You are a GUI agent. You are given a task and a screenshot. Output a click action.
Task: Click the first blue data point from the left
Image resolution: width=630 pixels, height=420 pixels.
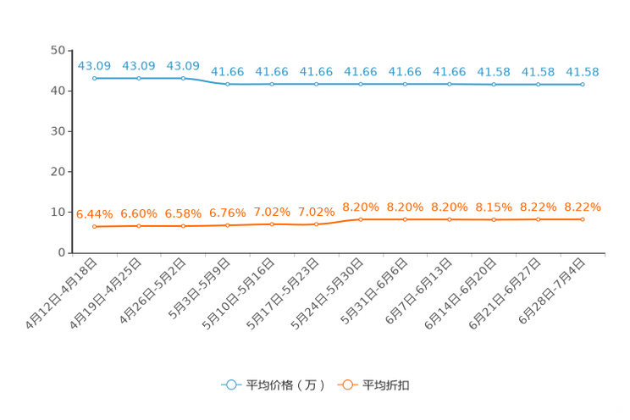pyautogui.click(x=95, y=78)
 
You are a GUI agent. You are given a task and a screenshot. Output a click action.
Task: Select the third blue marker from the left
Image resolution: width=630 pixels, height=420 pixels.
pyautogui.click(x=183, y=78)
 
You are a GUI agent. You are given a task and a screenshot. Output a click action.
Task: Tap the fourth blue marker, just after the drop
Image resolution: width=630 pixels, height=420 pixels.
pyautogui.click(x=228, y=84)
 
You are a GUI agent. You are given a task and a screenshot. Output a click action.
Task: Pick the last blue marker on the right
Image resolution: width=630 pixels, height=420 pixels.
pyautogui.click(x=583, y=84)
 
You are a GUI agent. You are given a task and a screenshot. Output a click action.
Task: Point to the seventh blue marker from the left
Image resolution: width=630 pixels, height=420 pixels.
pyautogui.click(x=361, y=84)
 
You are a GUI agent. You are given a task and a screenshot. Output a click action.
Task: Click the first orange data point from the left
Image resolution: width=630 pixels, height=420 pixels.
pyautogui.click(x=95, y=227)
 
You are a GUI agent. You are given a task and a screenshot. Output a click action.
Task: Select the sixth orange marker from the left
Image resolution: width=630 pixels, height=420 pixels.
pyautogui.click(x=316, y=225)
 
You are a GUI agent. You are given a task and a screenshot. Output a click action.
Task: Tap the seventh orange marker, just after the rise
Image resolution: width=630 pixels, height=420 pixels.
pyautogui.click(x=361, y=220)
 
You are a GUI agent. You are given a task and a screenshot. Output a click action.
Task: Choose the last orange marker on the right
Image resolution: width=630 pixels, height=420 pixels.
pyautogui.click(x=583, y=220)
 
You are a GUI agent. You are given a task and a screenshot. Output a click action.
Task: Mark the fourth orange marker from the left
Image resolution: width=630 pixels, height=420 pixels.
pyautogui.click(x=228, y=226)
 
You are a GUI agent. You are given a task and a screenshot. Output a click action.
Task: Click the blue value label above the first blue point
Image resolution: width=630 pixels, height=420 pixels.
pyautogui.click(x=95, y=65)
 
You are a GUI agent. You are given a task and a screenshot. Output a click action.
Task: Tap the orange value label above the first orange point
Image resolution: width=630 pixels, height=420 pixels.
pyautogui.click(x=95, y=214)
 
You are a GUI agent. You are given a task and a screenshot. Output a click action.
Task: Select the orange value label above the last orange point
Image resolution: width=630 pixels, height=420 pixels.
pyautogui.click(x=583, y=207)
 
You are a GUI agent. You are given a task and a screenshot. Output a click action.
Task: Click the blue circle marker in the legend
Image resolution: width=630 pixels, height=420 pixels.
pyautogui.click(x=231, y=384)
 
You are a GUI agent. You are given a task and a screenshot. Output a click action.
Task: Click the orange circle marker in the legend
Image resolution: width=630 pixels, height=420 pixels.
pyautogui.click(x=347, y=384)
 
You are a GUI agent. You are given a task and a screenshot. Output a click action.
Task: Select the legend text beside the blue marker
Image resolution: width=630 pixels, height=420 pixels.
pyautogui.click(x=285, y=385)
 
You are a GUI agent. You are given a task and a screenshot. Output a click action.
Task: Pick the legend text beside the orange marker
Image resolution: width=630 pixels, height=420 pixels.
pyautogui.click(x=387, y=385)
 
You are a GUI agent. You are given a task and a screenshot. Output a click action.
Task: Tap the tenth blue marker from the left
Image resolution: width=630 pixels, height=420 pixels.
pyautogui.click(x=494, y=84)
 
